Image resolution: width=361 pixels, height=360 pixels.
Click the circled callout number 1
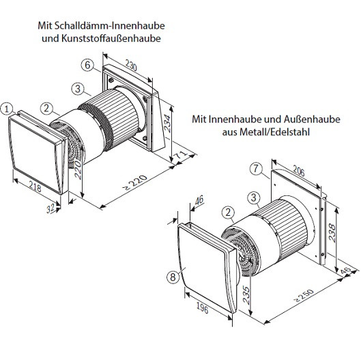point(7,108)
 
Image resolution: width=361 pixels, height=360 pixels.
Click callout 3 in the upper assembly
point(79,89)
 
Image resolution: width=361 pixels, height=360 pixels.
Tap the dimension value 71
point(181,157)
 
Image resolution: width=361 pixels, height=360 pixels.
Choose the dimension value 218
point(35,186)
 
